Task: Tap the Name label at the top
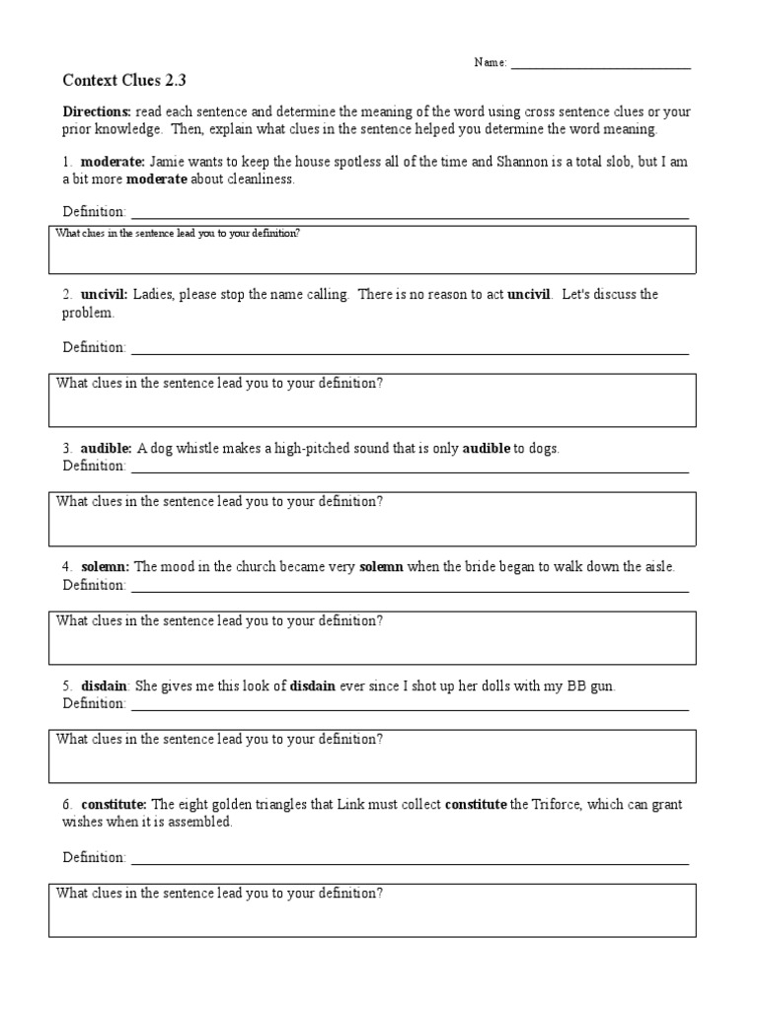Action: pos(491,62)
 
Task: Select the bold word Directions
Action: pos(97,112)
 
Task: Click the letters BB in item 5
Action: pos(575,686)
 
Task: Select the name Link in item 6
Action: pos(323,805)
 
